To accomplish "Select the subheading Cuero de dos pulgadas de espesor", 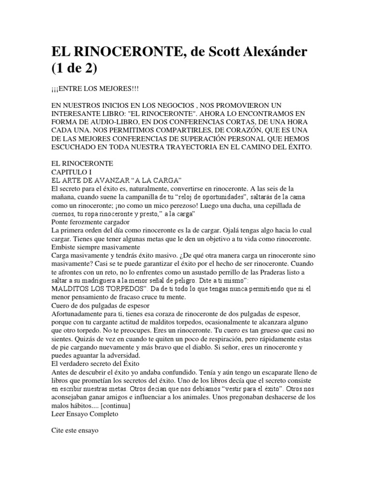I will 100,306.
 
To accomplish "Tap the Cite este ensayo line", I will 74,431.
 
